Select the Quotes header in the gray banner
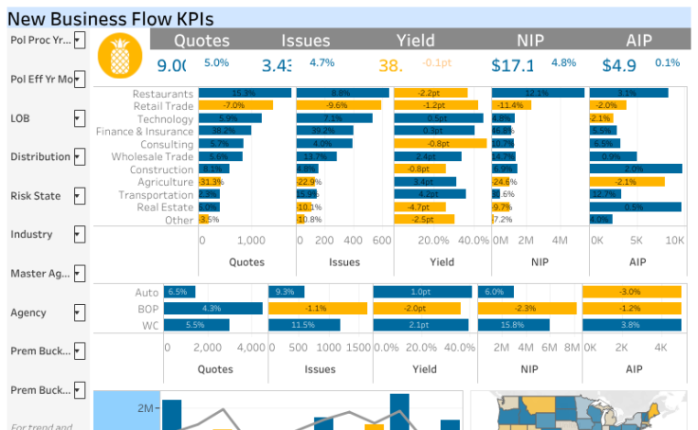tap(202, 40)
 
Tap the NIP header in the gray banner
tap(530, 40)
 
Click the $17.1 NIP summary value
tap(513, 65)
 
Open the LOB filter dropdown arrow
tap(80, 118)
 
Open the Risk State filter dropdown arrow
tap(80, 196)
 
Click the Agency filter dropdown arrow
tap(80, 313)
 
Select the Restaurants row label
tap(163, 94)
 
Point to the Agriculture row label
tap(165, 181)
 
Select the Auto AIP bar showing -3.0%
tap(631, 293)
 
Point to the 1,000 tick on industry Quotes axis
tap(251, 241)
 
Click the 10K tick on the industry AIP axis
tap(674, 241)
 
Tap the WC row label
tap(149, 325)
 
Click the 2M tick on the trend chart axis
tap(145, 408)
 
